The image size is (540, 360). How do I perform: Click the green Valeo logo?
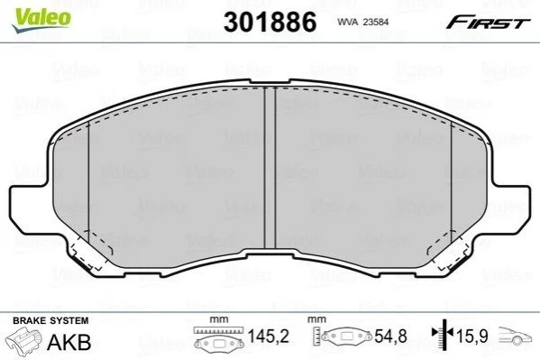click(x=41, y=19)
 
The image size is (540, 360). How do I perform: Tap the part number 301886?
click(x=270, y=22)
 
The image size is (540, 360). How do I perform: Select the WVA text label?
click(x=347, y=22)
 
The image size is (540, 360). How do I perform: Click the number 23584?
click(x=375, y=22)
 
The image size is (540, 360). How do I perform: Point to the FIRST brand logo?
click(x=488, y=22)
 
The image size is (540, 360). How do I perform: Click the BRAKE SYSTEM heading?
click(x=50, y=320)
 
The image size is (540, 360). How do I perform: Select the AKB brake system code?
click(x=69, y=342)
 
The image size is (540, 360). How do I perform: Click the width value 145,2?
click(x=269, y=336)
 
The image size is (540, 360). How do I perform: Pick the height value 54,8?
click(x=390, y=336)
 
